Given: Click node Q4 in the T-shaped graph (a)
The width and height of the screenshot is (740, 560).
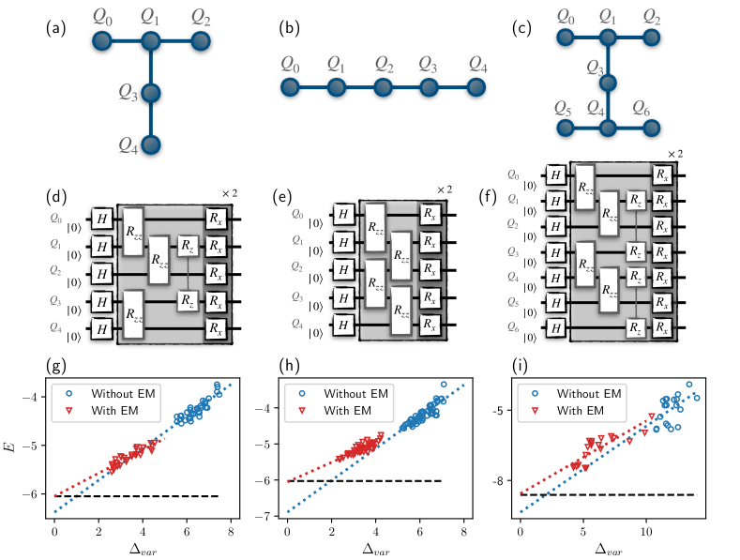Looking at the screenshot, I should pyautogui.click(x=152, y=144).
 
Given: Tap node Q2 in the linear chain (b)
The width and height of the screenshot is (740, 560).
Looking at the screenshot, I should pyautogui.click(x=383, y=87).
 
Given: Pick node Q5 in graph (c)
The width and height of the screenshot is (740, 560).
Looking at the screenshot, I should pyautogui.click(x=563, y=127).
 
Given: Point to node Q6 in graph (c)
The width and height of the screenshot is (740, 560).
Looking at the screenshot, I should pyautogui.click(x=652, y=127).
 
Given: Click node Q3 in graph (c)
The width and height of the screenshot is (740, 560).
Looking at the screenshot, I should pyautogui.click(x=608, y=83).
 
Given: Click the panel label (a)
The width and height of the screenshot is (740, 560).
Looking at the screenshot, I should pyautogui.click(x=55, y=28).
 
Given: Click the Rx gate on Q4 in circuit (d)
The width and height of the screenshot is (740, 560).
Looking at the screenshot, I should pyautogui.click(x=217, y=328).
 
